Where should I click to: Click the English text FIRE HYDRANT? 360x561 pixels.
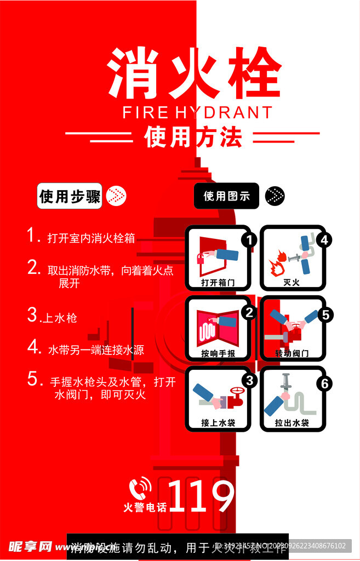(197, 113)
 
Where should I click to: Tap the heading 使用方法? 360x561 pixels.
(193, 137)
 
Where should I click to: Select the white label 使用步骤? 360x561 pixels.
(70, 196)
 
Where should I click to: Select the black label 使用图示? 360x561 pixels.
(226, 196)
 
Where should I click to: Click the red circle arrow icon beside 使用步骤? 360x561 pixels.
(116, 196)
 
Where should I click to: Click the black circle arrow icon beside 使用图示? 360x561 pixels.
(275, 196)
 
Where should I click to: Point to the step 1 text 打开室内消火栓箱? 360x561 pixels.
(91, 238)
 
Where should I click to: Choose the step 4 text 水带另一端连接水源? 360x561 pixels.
(96, 350)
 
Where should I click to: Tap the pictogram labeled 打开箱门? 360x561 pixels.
(218, 257)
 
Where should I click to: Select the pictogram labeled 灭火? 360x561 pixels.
(293, 257)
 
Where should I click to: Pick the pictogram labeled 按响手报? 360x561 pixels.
(218, 328)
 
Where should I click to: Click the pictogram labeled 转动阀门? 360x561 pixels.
(293, 328)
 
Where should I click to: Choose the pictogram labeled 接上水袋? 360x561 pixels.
(218, 398)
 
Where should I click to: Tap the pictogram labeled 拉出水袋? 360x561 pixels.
(293, 398)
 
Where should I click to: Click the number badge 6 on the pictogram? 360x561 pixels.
(325, 383)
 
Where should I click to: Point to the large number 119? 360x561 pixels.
(202, 496)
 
